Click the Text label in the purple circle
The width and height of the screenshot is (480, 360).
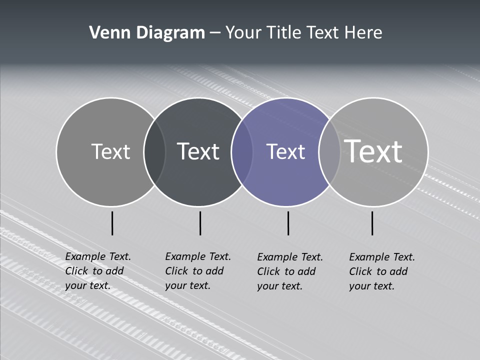[285, 151]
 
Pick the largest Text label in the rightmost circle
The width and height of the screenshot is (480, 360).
[373, 151]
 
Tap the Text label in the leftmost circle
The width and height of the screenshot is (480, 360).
[110, 151]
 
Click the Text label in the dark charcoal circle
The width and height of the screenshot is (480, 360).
[198, 151]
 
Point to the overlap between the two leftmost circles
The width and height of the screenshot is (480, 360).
[154, 152]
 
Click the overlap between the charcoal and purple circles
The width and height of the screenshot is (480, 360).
[242, 152]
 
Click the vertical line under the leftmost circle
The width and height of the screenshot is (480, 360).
[112, 223]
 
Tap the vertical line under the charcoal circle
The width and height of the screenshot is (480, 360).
[200, 223]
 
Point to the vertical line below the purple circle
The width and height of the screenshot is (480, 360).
[288, 223]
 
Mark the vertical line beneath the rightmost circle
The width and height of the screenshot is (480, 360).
[372, 223]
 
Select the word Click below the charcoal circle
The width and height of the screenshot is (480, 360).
[176, 271]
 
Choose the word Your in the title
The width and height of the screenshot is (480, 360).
[243, 33]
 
